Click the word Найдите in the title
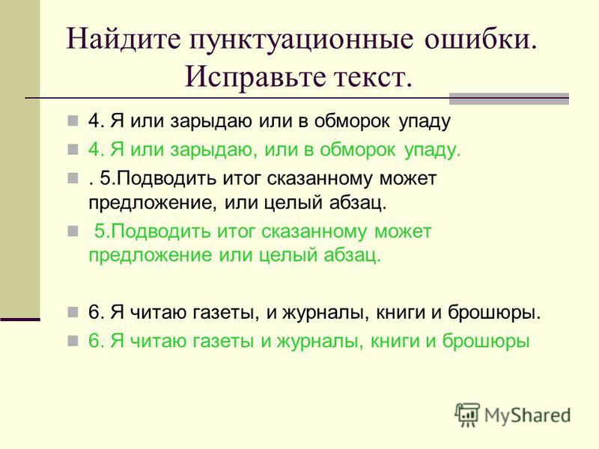[123, 39]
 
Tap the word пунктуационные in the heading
[301, 40]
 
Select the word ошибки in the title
[478, 39]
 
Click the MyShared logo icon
[466, 414]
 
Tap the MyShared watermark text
[527, 415]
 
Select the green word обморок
[357, 149]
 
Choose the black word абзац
[358, 202]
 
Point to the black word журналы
[326, 312]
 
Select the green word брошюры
[486, 341]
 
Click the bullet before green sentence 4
[73, 149]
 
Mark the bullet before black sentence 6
[73, 312]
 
